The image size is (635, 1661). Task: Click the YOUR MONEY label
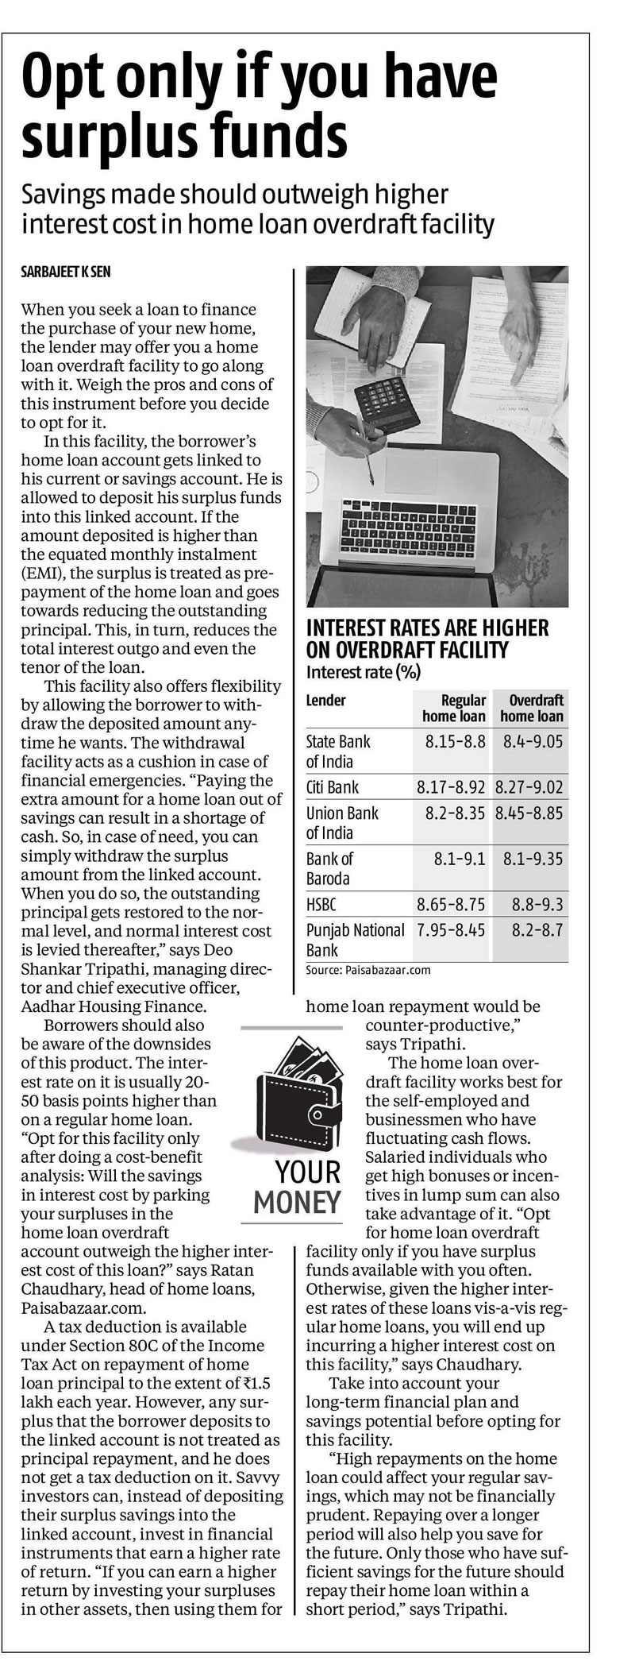(296, 1187)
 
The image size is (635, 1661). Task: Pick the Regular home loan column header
(452, 707)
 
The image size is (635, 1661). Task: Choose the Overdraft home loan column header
(531, 707)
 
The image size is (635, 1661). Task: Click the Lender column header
(325, 700)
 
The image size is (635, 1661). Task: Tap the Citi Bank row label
(332, 787)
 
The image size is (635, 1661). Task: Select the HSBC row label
(322, 904)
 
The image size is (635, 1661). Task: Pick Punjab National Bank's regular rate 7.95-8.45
(451, 929)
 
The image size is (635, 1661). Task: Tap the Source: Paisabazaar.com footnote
(368, 970)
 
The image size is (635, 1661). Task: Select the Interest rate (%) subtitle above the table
(363, 672)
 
